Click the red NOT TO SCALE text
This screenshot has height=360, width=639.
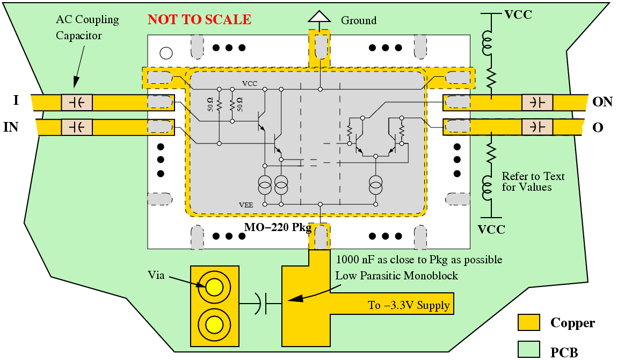pyautogui.click(x=199, y=20)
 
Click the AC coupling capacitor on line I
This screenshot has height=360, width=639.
pyautogui.click(x=77, y=102)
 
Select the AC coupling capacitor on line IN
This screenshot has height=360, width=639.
pyautogui.click(x=77, y=127)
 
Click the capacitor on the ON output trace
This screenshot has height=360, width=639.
pyautogui.click(x=538, y=102)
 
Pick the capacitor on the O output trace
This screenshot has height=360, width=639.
pyautogui.click(x=538, y=127)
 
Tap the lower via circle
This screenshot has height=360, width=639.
pyautogui.click(x=214, y=324)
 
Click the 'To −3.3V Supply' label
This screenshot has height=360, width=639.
pyautogui.click(x=409, y=305)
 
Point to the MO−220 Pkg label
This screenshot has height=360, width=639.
pyautogui.click(x=278, y=227)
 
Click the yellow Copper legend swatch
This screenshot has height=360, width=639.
pyautogui.click(x=528, y=322)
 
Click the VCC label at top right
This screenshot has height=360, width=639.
pyautogui.click(x=518, y=15)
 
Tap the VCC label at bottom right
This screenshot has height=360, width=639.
pyautogui.click(x=491, y=229)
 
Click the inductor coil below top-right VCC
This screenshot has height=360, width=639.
pyautogui.click(x=489, y=44)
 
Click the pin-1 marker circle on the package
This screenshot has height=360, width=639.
pyautogui.click(x=166, y=53)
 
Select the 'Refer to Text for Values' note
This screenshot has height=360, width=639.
pyautogui.click(x=533, y=182)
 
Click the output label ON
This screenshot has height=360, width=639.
pyautogui.click(x=602, y=102)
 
